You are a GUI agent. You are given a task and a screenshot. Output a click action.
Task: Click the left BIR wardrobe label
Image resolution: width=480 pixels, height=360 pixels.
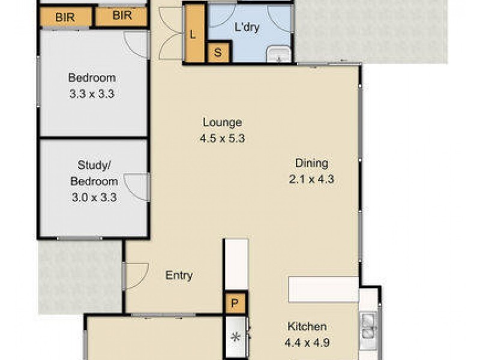(65, 17)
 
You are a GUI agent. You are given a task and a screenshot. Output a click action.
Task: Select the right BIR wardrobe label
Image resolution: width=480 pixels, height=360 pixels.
(122, 16)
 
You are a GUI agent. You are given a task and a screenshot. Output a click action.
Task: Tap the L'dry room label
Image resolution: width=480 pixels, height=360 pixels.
(247, 27)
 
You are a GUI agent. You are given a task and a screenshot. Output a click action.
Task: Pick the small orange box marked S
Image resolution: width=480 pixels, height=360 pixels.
(218, 53)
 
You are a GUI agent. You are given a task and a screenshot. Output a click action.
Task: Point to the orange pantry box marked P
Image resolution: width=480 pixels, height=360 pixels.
(235, 304)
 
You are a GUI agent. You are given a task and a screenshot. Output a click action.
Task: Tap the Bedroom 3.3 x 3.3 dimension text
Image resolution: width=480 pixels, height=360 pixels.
(91, 94)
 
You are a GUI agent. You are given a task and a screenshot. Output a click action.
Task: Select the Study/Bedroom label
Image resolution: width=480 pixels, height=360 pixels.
(94, 173)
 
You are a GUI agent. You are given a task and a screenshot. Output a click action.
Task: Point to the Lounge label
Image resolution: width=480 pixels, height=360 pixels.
(222, 122)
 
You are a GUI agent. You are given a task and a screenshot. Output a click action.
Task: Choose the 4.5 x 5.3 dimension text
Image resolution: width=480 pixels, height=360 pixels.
(222, 138)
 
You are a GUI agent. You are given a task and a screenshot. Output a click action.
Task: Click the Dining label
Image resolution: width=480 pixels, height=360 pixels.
(311, 163)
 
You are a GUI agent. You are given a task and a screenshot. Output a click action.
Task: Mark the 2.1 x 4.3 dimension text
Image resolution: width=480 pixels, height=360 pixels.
(311, 178)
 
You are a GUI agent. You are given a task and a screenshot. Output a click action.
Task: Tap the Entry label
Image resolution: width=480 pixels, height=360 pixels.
(179, 275)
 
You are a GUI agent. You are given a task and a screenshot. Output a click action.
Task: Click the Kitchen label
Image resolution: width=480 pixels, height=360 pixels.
(307, 326)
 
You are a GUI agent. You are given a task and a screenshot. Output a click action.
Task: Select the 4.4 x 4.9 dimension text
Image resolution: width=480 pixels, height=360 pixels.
(307, 344)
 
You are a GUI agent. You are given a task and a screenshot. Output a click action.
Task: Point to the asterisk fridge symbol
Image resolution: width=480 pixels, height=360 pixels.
(236, 337)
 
